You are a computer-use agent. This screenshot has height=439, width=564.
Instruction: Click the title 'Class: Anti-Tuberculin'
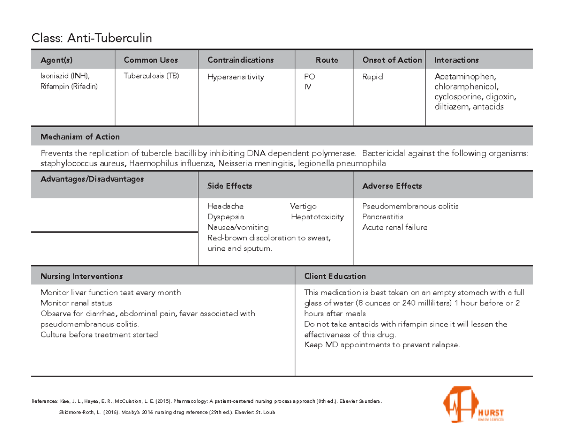click(x=92, y=38)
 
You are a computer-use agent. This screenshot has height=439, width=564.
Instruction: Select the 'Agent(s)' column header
click(x=57, y=60)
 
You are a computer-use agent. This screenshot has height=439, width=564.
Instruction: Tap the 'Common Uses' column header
click(x=151, y=60)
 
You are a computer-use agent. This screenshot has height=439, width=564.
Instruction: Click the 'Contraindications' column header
click(x=241, y=60)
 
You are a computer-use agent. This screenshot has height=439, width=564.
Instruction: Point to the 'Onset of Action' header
click(x=392, y=60)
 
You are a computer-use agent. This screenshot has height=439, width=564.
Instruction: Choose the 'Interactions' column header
click(x=456, y=60)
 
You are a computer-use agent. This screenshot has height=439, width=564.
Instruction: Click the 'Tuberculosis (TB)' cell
click(x=151, y=76)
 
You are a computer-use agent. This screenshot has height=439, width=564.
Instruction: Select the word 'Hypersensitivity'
click(x=236, y=77)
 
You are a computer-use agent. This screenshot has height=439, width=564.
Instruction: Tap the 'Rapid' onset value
click(x=373, y=77)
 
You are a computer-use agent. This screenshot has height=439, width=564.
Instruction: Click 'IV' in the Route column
click(x=308, y=87)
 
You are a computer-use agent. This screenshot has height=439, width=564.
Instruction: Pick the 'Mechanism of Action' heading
click(x=80, y=137)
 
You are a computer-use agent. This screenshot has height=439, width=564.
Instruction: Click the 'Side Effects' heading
click(x=230, y=186)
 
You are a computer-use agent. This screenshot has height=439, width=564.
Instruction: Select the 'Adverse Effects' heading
click(x=392, y=186)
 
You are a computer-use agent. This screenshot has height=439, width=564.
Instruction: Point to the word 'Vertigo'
click(x=303, y=206)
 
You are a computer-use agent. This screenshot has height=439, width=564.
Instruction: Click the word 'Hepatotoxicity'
click(x=317, y=217)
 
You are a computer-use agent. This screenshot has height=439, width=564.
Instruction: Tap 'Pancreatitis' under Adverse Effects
click(x=383, y=217)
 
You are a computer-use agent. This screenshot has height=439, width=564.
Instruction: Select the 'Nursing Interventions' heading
click(x=82, y=276)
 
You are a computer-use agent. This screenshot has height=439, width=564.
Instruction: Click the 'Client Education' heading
click(x=335, y=276)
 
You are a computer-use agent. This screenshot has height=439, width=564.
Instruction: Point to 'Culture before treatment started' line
click(x=99, y=335)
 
